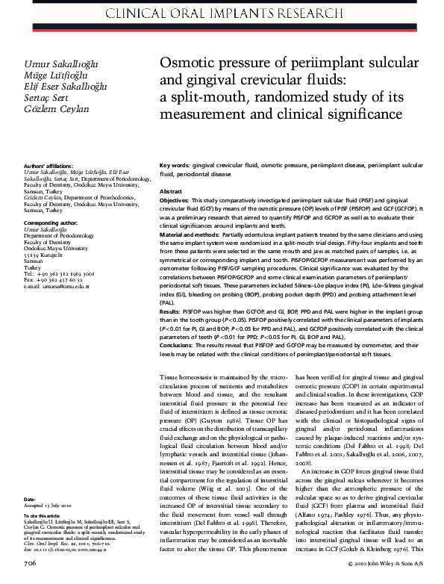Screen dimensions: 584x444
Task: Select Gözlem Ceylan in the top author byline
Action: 55,108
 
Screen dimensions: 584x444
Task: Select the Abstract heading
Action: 172,192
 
